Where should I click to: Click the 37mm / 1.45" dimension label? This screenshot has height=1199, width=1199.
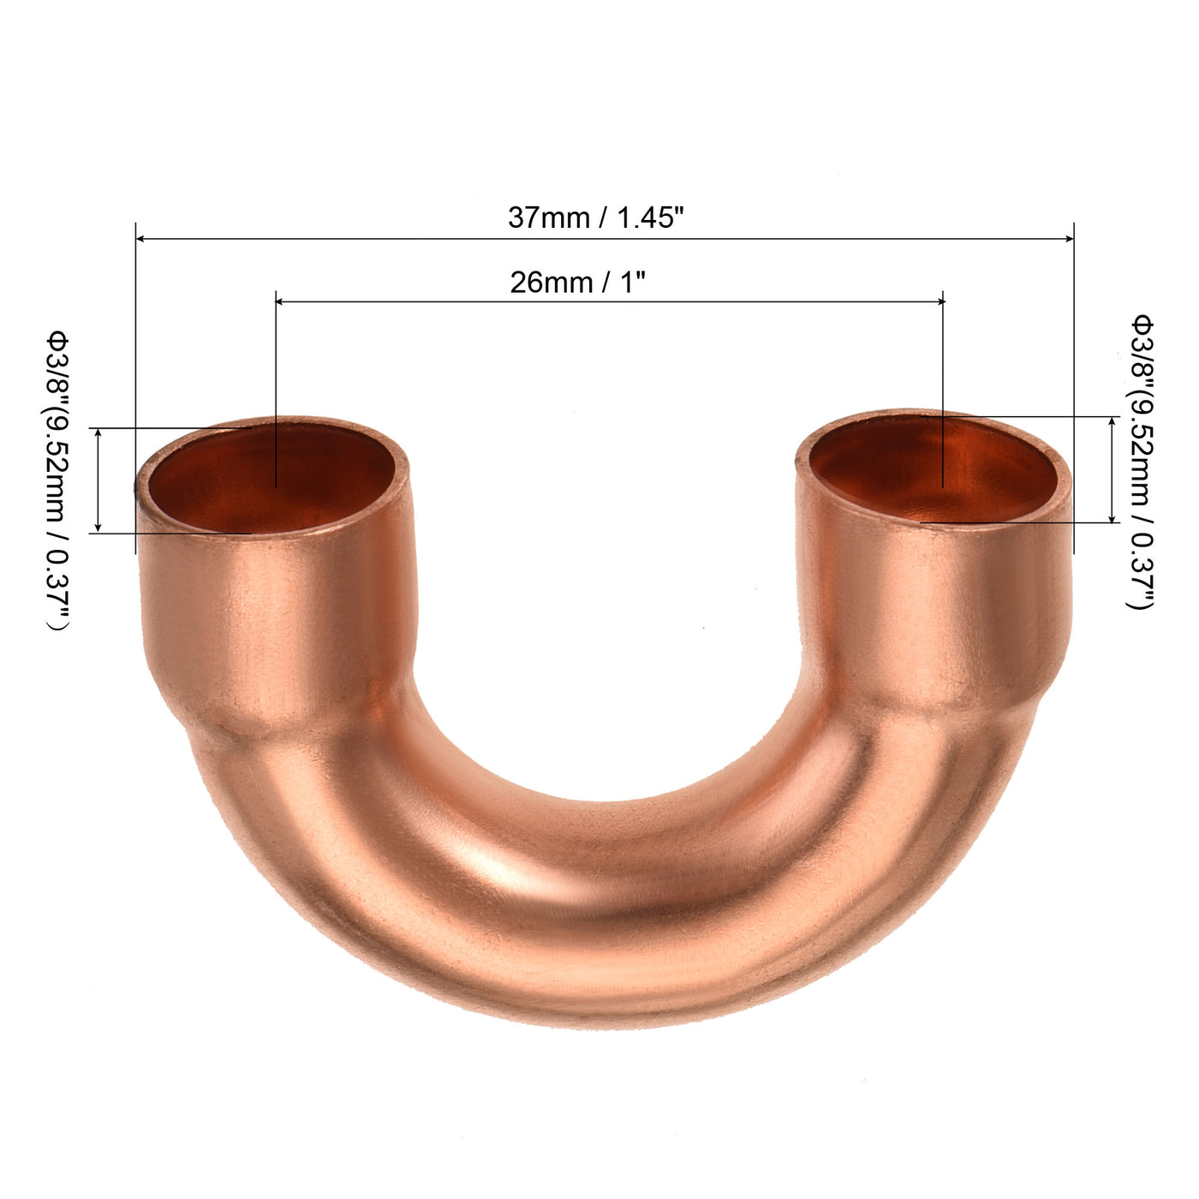596,218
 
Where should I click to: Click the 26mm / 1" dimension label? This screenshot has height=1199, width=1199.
577,283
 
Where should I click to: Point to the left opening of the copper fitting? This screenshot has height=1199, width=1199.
272,477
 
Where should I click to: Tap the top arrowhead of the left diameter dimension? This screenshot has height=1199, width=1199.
98,433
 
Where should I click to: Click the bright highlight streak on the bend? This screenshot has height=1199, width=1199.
505,882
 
